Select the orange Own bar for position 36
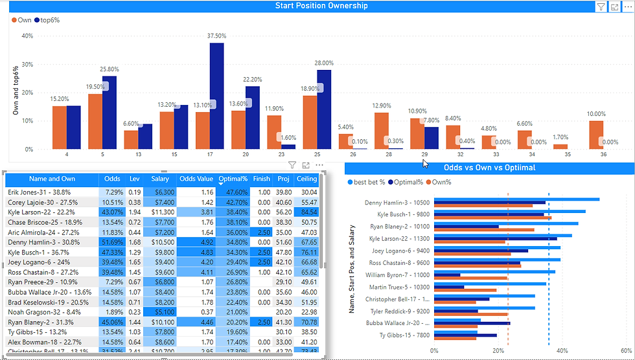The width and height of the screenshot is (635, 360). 596,135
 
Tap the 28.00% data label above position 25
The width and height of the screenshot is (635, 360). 324,63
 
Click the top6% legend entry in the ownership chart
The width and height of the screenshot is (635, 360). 48,20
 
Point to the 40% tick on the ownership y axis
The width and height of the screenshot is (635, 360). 28,36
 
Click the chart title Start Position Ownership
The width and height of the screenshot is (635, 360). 321,6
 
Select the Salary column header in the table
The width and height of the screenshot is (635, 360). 160,179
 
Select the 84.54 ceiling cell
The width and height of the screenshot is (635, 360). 306,212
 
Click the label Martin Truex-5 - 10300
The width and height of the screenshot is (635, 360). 395,287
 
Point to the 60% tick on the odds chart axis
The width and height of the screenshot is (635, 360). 627,351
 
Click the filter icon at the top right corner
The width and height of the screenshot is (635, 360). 601,6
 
